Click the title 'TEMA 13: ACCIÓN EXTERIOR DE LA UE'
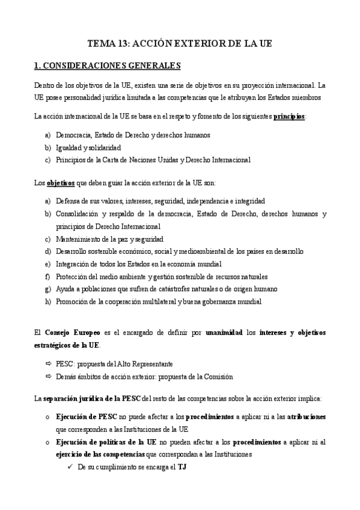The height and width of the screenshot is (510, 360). pyautogui.click(x=180, y=44)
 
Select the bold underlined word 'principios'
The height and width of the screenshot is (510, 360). pyautogui.click(x=289, y=115)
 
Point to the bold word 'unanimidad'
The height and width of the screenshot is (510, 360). pyautogui.click(x=225, y=332)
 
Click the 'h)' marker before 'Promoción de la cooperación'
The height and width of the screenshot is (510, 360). pyautogui.click(x=48, y=302)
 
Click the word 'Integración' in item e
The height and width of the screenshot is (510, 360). pyautogui.click(x=73, y=264)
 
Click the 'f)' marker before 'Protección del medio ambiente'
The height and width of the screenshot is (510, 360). pyautogui.click(x=48, y=277)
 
